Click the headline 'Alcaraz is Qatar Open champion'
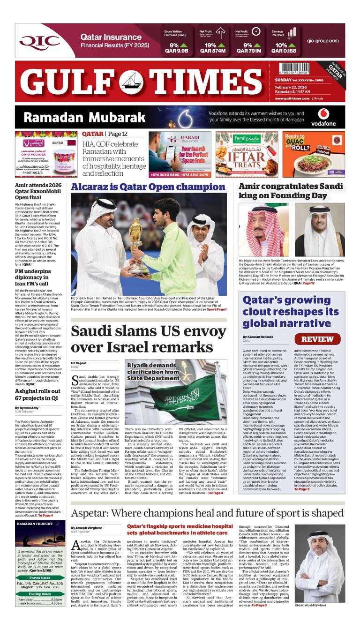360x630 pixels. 148,187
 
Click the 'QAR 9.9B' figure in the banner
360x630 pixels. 176,51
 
